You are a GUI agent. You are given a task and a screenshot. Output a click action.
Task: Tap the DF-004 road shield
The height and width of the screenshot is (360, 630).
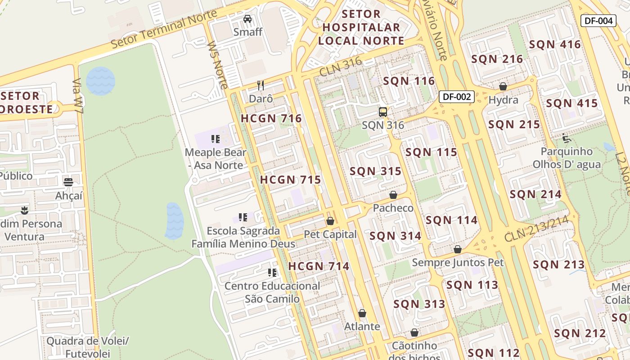(x=598, y=21)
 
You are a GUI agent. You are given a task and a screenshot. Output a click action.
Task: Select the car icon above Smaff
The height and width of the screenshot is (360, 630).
(x=247, y=19)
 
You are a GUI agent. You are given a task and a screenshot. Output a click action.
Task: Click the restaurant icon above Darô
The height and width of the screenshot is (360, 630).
(x=260, y=85)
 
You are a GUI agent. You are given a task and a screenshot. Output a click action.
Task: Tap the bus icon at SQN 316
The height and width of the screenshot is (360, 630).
(x=383, y=112)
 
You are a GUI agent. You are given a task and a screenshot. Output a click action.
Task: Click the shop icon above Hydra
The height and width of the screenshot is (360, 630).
(x=503, y=86)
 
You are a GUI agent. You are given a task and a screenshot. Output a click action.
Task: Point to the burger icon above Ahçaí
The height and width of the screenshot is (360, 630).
(x=68, y=182)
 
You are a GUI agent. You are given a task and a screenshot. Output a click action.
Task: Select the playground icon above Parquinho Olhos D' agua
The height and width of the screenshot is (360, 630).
(x=567, y=138)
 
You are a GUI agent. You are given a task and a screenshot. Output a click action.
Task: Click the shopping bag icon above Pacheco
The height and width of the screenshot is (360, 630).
(x=393, y=195)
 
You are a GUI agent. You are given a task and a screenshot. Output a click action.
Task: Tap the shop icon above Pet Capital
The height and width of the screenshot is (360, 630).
(x=330, y=221)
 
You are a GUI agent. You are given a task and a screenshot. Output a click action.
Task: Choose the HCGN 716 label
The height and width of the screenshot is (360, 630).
(x=271, y=119)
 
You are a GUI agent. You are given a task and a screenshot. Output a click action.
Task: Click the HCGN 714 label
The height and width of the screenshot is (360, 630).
(x=319, y=266)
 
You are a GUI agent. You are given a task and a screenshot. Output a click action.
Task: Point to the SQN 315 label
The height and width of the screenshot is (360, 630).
(x=375, y=171)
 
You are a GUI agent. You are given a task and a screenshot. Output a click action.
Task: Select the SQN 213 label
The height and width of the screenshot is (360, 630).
(x=559, y=265)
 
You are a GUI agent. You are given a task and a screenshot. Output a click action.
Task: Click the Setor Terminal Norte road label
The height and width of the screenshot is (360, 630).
(x=164, y=29)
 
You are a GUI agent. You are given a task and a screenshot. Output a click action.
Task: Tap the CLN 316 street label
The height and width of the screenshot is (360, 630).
(x=340, y=67)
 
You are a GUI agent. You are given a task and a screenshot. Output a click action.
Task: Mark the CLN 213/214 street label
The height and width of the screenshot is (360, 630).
(x=540, y=229)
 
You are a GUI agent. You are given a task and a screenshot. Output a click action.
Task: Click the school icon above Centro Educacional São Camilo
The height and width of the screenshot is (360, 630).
(x=272, y=273)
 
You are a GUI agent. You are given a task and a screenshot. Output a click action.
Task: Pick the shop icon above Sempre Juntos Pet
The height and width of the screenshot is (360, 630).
(x=458, y=249)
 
